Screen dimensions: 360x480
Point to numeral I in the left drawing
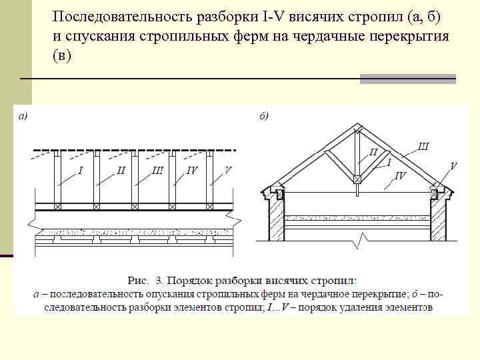click(81, 171)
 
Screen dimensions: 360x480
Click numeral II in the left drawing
click(121, 171)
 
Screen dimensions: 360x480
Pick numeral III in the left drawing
click(157, 171)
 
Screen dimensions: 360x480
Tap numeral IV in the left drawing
click(192, 171)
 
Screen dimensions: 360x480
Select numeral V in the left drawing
click(228, 171)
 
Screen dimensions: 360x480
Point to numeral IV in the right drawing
click(400, 175)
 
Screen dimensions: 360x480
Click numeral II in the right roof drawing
click(373, 153)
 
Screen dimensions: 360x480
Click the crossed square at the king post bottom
click(358, 179)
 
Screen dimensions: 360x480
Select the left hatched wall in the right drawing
click(276, 220)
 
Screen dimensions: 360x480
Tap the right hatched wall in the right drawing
click(439, 220)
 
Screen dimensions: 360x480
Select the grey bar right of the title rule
click(407, 79)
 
